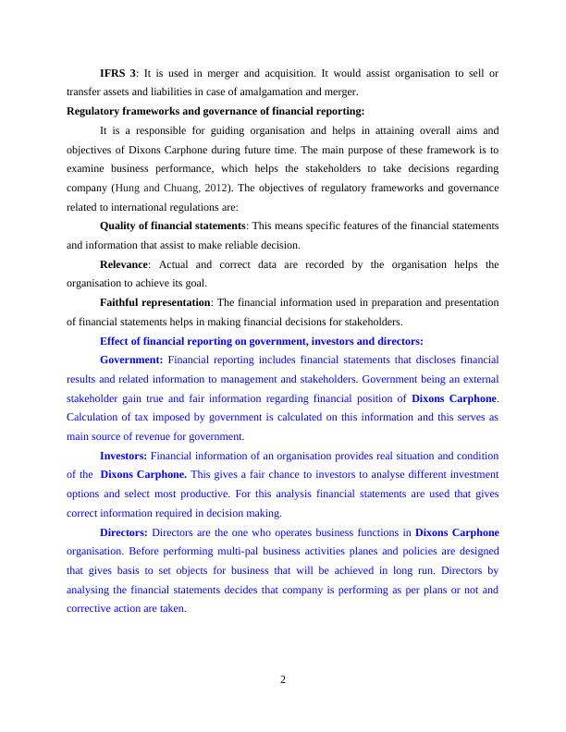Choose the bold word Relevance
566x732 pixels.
coord(124,264)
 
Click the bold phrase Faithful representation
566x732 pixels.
coord(155,302)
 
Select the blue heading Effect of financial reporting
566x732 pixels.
coord(261,341)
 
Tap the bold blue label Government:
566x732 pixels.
coord(131,360)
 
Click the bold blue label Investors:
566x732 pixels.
coord(123,456)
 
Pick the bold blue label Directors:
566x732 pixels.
coord(123,532)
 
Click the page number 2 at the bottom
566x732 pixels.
coord(283,680)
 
